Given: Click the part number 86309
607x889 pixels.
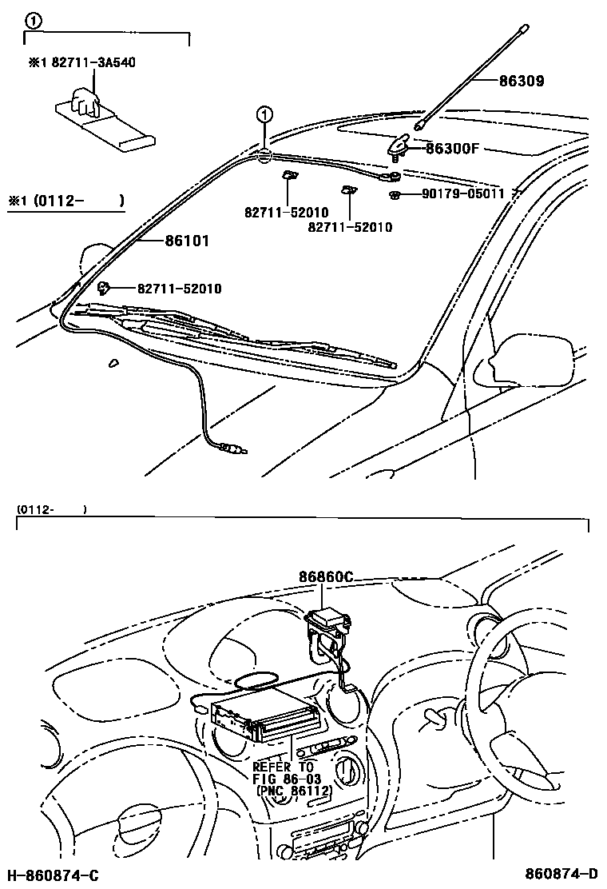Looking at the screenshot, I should coord(522,81).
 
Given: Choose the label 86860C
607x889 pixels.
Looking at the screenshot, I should coord(327,577).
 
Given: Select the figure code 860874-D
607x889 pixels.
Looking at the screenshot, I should coord(561,875).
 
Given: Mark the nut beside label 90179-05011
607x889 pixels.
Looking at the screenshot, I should coord(395,195).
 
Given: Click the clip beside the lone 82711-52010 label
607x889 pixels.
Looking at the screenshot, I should coord(103,288).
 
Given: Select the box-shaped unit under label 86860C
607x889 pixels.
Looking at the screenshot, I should coord(327,619).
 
